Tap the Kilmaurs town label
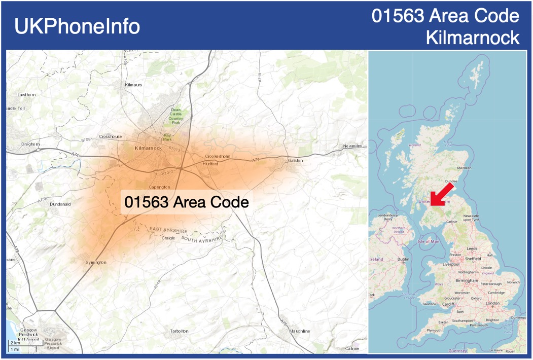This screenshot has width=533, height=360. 133,85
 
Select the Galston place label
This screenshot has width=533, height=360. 295,160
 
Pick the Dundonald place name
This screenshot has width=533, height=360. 60,204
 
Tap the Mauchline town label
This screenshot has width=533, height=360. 299,331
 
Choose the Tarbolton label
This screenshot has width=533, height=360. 179,331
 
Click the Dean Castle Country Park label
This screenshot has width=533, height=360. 176,116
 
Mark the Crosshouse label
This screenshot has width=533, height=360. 111,136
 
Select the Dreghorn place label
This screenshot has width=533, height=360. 30,144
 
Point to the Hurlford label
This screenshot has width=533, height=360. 210,164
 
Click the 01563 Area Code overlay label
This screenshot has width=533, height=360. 187,202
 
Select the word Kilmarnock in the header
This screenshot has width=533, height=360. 473,37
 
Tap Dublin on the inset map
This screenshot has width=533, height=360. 404,259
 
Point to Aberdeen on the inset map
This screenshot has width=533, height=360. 464,167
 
